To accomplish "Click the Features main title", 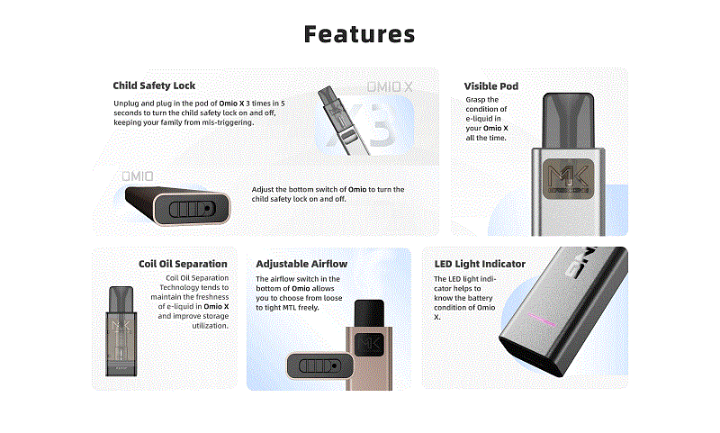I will click(x=360, y=34).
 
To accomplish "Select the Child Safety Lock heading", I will click(x=154, y=86).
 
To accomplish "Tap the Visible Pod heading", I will click(x=491, y=86).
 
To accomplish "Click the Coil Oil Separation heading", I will click(x=183, y=264).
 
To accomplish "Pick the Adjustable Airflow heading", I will click(x=301, y=264).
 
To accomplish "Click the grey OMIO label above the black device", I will click(x=138, y=176).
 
